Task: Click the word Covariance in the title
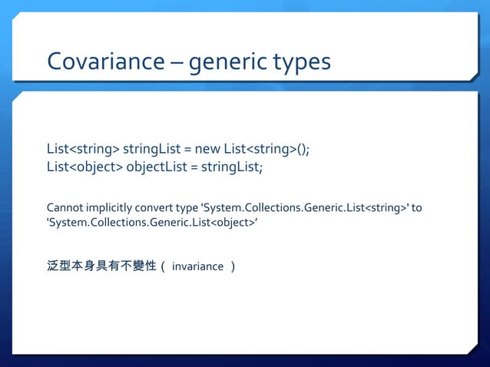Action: pos(106,61)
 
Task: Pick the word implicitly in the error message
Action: pos(111,208)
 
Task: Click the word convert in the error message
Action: pos(157,208)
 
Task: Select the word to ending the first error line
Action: pos(417,208)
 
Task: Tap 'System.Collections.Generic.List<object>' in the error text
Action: pos(152,223)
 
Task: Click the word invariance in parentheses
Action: pos(197,267)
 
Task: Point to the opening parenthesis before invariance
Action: pos(164,267)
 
